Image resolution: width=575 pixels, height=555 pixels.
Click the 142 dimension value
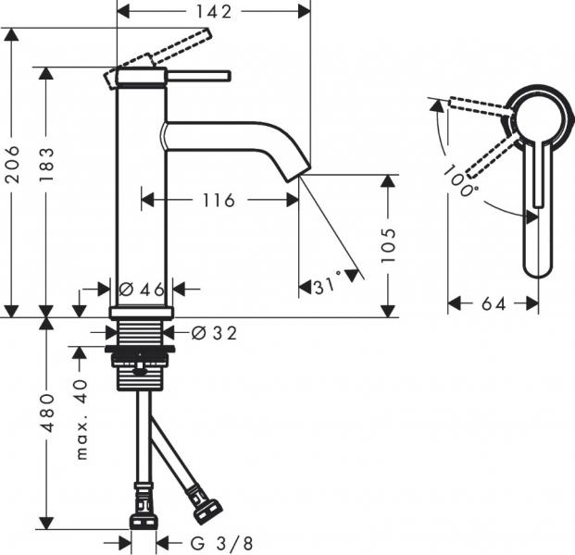213,11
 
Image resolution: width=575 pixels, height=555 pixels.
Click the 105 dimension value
390,246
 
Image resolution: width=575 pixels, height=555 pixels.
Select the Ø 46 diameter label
141,289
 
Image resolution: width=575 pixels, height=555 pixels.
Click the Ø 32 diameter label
214,333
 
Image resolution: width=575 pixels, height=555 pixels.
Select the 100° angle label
460,182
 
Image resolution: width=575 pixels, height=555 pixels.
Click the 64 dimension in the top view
494,303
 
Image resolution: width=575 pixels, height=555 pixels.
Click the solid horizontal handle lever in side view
197,74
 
